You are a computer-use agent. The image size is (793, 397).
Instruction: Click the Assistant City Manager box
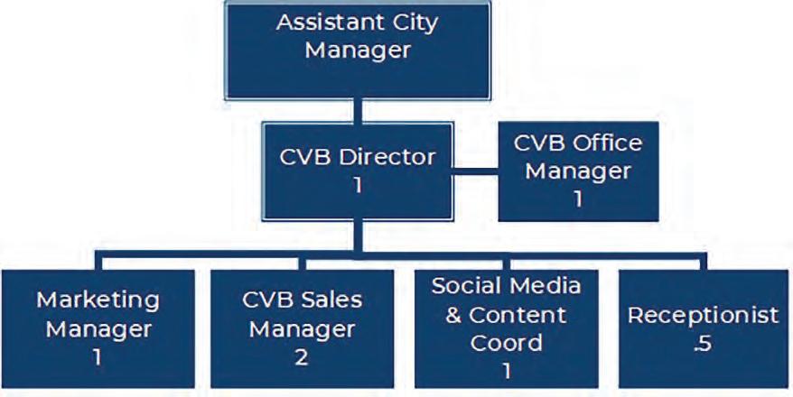358,50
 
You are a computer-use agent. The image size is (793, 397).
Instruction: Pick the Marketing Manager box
98,327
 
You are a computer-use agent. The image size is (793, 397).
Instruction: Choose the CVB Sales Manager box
300,327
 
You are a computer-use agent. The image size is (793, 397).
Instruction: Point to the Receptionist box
704,327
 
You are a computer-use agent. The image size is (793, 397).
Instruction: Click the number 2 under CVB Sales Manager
300,356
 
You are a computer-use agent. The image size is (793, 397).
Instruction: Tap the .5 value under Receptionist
703,344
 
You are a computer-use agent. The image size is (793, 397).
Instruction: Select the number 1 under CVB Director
357,185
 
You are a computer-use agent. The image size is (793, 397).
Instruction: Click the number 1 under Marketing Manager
97,356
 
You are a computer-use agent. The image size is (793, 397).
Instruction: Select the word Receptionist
704,315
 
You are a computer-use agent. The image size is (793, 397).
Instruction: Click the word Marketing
98,299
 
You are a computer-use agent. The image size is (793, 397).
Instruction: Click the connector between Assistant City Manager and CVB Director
358,111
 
